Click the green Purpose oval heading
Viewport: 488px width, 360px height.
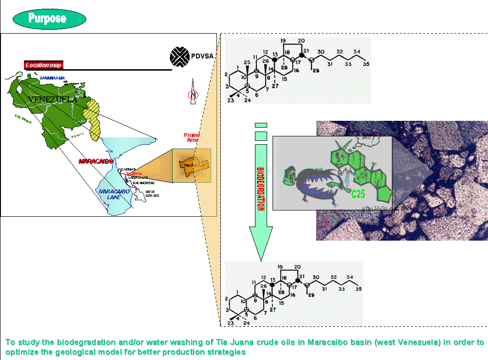[x=47, y=19]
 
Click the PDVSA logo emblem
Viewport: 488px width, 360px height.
[x=179, y=57]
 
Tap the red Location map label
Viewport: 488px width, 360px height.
[x=43, y=65]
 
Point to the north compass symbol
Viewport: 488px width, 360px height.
[x=193, y=94]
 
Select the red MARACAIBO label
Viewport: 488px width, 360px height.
[x=96, y=161]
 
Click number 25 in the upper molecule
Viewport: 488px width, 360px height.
[x=247, y=61]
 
